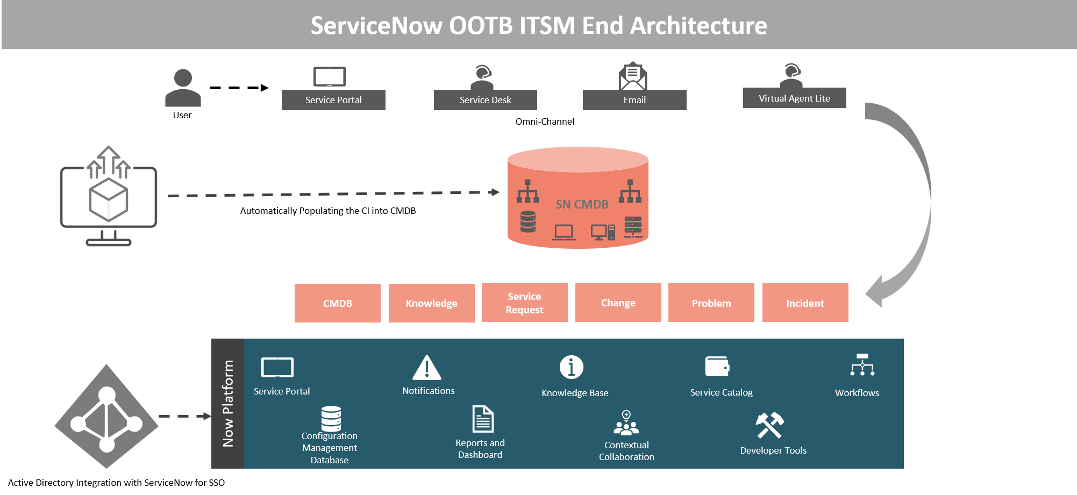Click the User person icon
click(x=183, y=88)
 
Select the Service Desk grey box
click(x=486, y=100)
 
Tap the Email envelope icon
click(x=633, y=76)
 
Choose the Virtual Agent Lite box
click(x=795, y=98)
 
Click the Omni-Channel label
click(x=545, y=121)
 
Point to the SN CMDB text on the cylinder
click(x=582, y=204)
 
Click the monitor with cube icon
click(x=109, y=196)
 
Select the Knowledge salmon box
click(x=432, y=303)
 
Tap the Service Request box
click(x=525, y=303)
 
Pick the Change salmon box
click(x=618, y=303)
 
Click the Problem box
click(x=711, y=303)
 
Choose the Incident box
click(x=805, y=303)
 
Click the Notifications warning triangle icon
click(x=427, y=368)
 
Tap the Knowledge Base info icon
click(x=572, y=367)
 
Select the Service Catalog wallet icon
click(x=717, y=367)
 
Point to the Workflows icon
click(x=862, y=364)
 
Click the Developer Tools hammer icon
click(x=770, y=425)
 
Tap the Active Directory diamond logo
click(x=106, y=417)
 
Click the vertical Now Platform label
click(x=228, y=404)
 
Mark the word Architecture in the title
click(x=698, y=26)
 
